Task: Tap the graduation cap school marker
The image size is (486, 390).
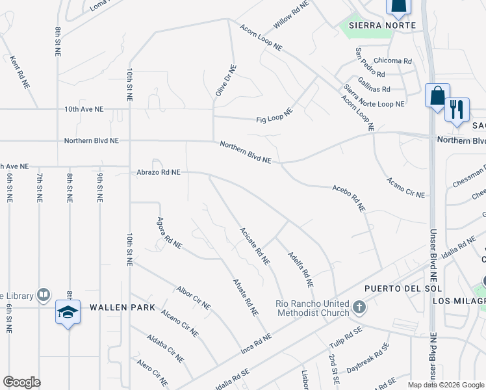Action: click(68, 313)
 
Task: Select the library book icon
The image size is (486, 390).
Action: click(43, 296)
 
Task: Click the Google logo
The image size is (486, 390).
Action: click(21, 382)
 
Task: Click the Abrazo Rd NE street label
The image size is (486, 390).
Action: click(158, 172)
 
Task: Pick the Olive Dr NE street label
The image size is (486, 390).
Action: click(224, 81)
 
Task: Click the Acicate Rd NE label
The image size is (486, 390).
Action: click(254, 246)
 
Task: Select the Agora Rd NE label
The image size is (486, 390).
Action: click(168, 233)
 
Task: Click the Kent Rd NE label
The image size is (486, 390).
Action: click(19, 71)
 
